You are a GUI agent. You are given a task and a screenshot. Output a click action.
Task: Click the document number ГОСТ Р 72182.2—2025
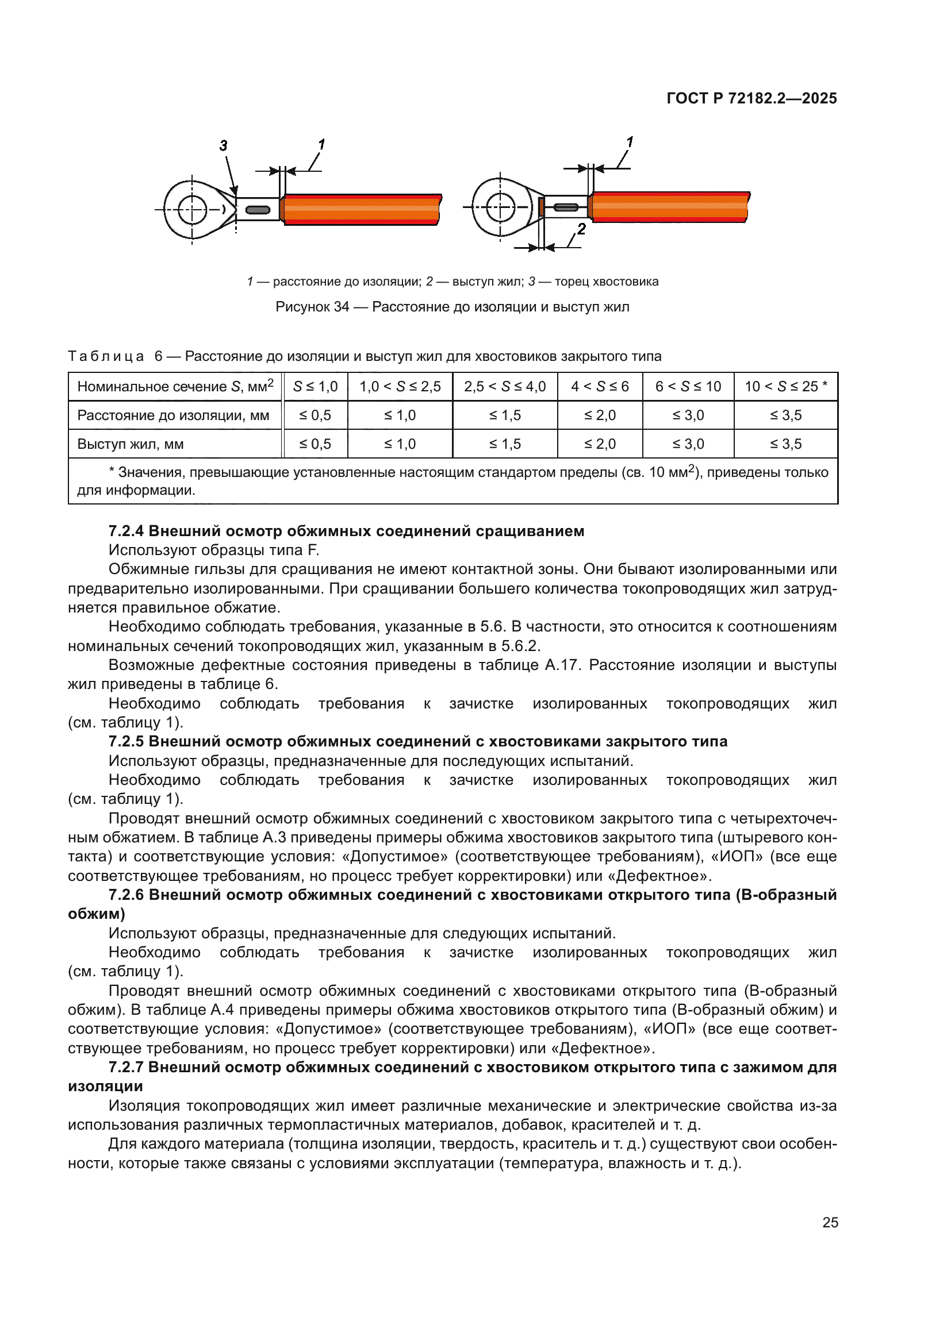[x=751, y=98]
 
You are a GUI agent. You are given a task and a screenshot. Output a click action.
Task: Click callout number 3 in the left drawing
[x=223, y=145]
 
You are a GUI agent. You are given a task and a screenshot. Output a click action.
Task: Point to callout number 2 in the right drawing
[x=581, y=229]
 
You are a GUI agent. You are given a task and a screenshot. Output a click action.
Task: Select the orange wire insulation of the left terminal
[x=362, y=209]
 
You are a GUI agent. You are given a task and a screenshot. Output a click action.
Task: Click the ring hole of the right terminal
[x=500, y=207]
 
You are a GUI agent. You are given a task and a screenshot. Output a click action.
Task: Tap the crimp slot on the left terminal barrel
[x=258, y=210]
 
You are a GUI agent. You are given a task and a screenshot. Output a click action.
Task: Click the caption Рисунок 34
[x=312, y=307]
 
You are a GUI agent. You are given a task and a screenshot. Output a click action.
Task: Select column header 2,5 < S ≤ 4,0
[x=504, y=386]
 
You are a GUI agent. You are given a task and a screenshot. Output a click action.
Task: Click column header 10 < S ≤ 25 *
[x=785, y=386]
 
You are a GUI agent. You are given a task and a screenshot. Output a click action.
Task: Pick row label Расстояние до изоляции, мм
[x=173, y=415]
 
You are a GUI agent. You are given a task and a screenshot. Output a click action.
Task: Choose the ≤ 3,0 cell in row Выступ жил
[x=688, y=444]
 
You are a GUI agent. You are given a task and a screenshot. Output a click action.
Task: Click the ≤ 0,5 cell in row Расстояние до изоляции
[x=315, y=415]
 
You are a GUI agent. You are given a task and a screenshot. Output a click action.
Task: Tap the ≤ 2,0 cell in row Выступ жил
[x=600, y=444]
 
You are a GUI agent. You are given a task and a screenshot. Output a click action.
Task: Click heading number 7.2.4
[x=126, y=531]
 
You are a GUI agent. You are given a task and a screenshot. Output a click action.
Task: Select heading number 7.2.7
[x=126, y=1067]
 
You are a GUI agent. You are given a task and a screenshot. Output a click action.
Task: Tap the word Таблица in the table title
[x=106, y=356]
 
